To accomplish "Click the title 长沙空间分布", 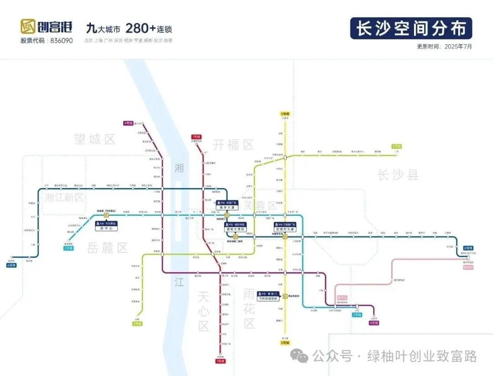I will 411,28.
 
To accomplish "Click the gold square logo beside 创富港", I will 28,27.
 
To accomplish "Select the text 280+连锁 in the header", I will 149,28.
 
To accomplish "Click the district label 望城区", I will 95,139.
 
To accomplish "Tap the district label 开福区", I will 233,145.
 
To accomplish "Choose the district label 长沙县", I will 398,174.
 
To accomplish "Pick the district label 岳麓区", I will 108,248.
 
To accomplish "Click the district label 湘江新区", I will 64,197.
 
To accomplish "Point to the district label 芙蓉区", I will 260,205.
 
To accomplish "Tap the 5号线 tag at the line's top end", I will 285,114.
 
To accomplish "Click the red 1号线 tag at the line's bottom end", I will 221,361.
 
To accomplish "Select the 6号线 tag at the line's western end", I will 11,265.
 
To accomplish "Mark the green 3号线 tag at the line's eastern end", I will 396,146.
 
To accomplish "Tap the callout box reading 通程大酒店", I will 235,227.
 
